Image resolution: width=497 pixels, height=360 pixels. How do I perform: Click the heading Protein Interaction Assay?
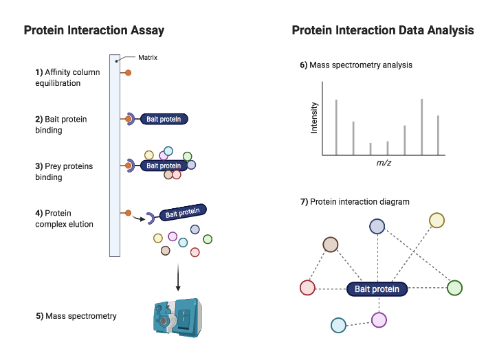(x=93, y=30)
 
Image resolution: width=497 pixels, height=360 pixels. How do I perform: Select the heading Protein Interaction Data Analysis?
(x=382, y=30)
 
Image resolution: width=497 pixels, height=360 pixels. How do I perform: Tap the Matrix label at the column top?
(x=148, y=58)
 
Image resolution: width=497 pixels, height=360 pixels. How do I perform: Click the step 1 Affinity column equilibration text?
(x=67, y=78)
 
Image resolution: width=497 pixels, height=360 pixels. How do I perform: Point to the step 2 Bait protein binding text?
(x=61, y=124)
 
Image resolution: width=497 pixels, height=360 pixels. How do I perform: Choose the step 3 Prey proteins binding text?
(x=64, y=172)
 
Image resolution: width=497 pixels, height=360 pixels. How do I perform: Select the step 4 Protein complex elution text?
(x=64, y=218)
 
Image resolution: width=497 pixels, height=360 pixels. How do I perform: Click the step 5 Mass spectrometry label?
(x=76, y=316)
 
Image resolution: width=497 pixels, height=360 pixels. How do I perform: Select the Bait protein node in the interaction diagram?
(x=377, y=289)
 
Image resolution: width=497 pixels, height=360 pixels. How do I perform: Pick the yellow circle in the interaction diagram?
(x=437, y=220)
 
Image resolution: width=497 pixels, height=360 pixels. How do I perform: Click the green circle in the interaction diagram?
(x=454, y=288)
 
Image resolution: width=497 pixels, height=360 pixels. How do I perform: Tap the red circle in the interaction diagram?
(x=308, y=288)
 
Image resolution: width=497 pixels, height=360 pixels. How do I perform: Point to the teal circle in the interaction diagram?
(x=338, y=325)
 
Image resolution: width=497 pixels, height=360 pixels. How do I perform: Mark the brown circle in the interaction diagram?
(x=331, y=245)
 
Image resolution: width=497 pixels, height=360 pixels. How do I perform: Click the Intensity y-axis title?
(x=314, y=117)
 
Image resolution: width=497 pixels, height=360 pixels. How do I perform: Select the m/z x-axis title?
(x=384, y=163)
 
